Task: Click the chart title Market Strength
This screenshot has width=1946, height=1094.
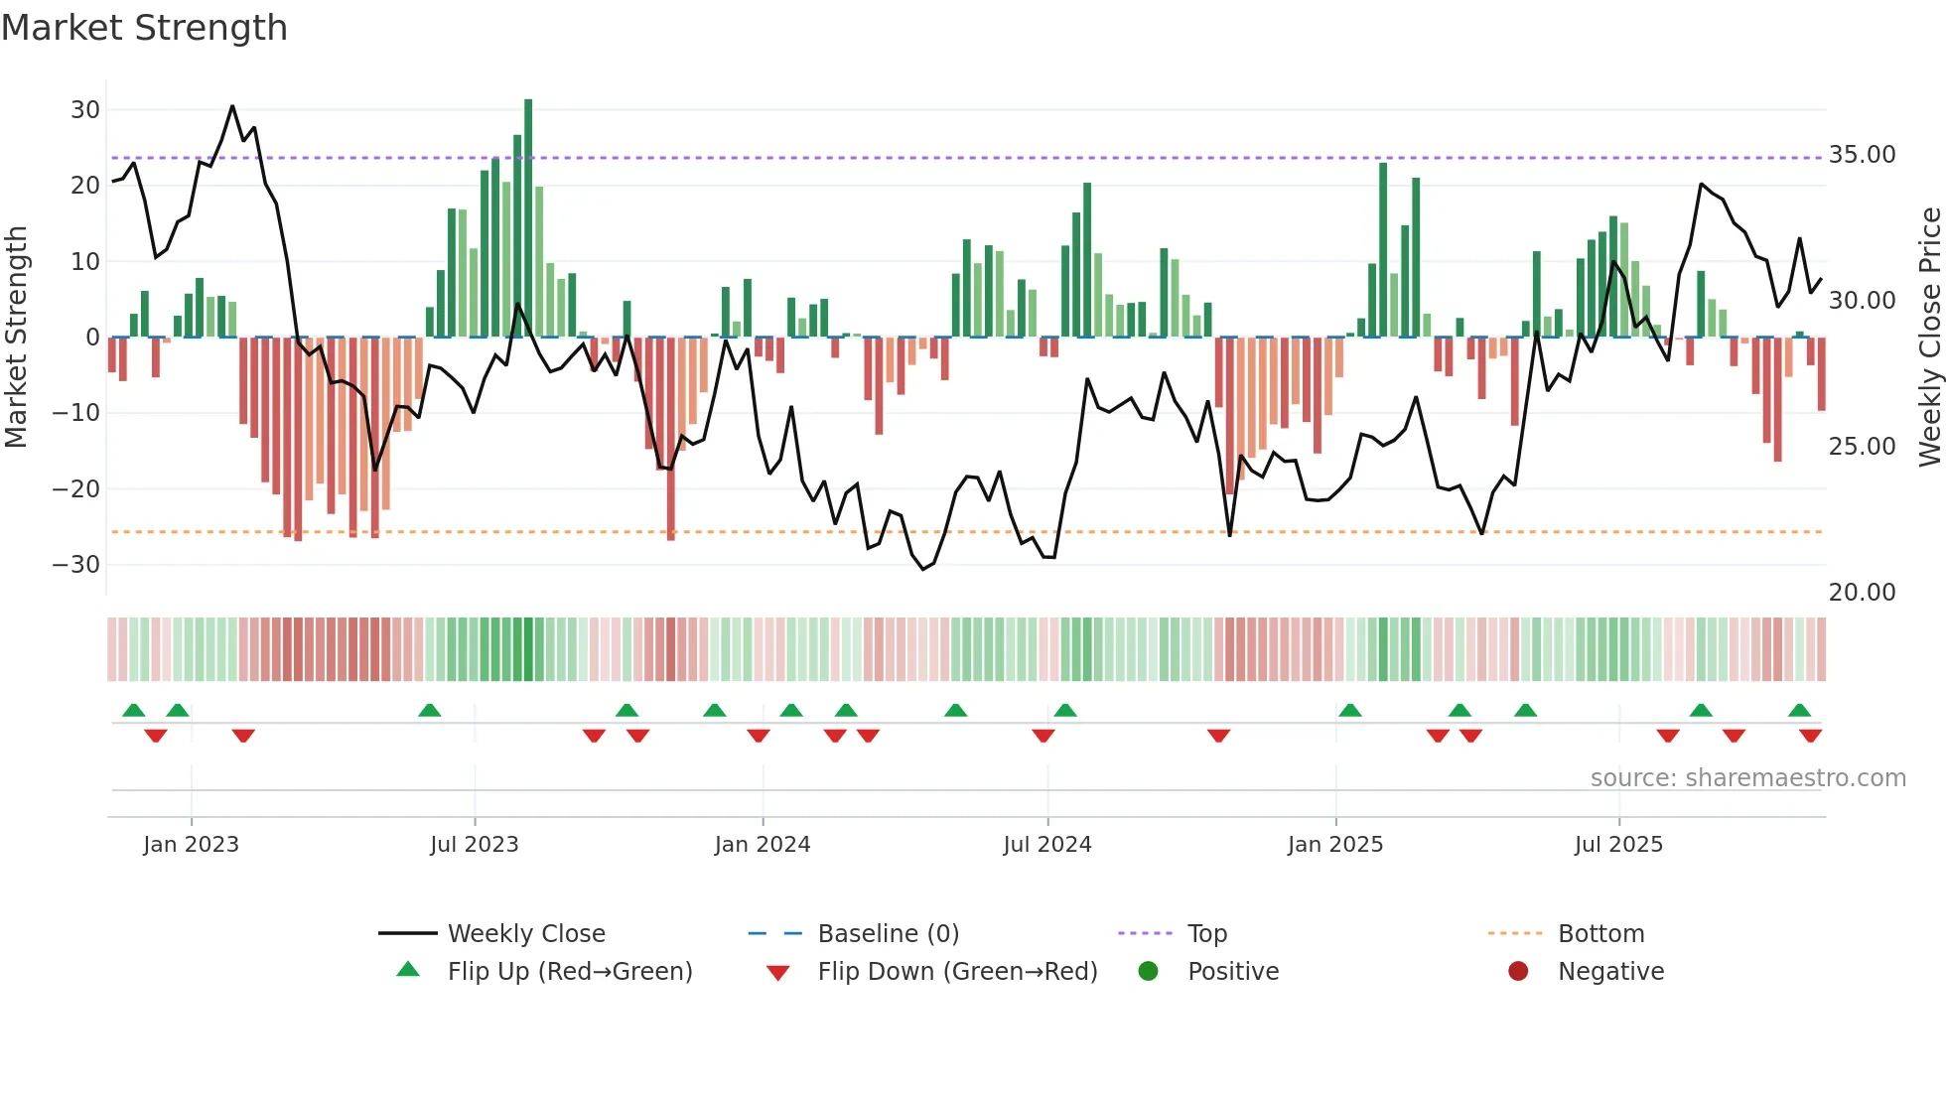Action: coord(144,28)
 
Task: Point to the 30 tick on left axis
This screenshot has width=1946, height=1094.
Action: coord(85,110)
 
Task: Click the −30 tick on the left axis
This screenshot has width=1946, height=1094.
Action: coord(76,565)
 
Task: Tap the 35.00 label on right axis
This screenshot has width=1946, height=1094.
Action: coord(1862,155)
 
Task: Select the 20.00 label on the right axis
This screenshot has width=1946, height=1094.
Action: coord(1862,593)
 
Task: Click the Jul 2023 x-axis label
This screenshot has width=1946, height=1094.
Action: coord(474,845)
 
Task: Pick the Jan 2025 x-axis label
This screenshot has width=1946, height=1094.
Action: coord(1334,845)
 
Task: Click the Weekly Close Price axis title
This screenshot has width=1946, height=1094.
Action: coord(1929,338)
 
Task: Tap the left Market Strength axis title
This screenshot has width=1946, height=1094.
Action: coord(16,338)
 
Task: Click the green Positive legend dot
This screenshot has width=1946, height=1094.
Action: coord(1149,972)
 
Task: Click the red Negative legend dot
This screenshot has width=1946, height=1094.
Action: coord(1518,972)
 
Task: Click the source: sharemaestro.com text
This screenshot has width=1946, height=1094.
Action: coord(1747,778)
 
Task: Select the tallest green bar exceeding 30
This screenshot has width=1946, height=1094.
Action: coord(528,218)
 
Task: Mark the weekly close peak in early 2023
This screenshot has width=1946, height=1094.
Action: coord(232,106)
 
